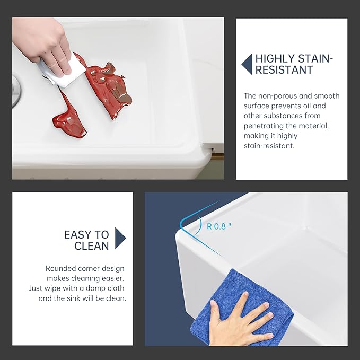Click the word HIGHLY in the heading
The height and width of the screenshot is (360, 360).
(x=275, y=58)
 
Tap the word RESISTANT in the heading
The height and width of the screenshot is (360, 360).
(x=284, y=70)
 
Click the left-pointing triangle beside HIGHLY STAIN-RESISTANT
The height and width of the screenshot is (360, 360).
(x=247, y=64)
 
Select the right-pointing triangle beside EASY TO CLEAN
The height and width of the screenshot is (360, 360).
(x=120, y=238)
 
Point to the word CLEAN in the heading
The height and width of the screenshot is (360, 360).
(x=92, y=246)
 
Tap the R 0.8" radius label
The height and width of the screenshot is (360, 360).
(x=219, y=226)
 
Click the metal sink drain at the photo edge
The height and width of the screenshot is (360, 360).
(x=16, y=91)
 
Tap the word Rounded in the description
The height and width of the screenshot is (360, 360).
(x=60, y=268)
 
